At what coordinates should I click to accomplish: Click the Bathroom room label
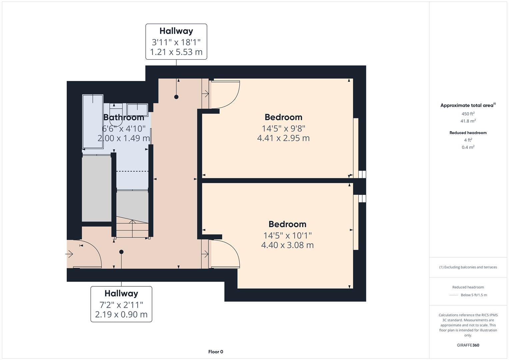pyautogui.click(x=124, y=117)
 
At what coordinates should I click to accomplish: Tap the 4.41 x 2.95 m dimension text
pyautogui.click(x=283, y=138)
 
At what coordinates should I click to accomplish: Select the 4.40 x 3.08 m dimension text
pyautogui.click(x=287, y=245)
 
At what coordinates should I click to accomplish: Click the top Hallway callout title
pyautogui.click(x=176, y=31)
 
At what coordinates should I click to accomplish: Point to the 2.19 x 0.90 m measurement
pyautogui.click(x=121, y=314)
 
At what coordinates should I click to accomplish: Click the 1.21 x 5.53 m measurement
pyautogui.click(x=176, y=52)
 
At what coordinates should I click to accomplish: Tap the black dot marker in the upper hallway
pyautogui.click(x=176, y=97)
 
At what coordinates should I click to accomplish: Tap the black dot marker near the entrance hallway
pyautogui.click(x=121, y=252)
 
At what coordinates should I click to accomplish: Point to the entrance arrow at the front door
pyautogui.click(x=69, y=254)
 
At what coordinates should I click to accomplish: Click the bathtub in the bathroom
pyautogui.click(x=93, y=122)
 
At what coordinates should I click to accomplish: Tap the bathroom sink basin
pyautogui.click(x=137, y=110)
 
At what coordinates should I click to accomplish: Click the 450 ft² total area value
pyautogui.click(x=468, y=114)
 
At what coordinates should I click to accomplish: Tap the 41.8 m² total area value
pyautogui.click(x=468, y=121)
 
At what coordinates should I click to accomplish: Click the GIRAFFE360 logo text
pyautogui.click(x=468, y=345)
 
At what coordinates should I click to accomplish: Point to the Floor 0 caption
pyautogui.click(x=216, y=352)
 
